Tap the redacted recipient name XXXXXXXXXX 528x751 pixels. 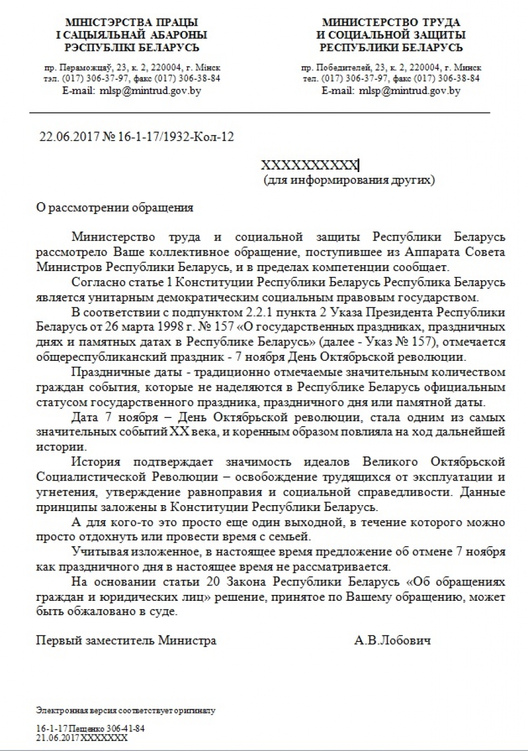(309, 165)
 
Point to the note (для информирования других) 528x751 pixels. (349, 180)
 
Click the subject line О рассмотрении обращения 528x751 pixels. (115, 208)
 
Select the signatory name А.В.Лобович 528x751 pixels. (392, 640)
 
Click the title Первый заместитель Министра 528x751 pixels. (126, 640)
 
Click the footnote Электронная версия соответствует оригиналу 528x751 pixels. (126, 711)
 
